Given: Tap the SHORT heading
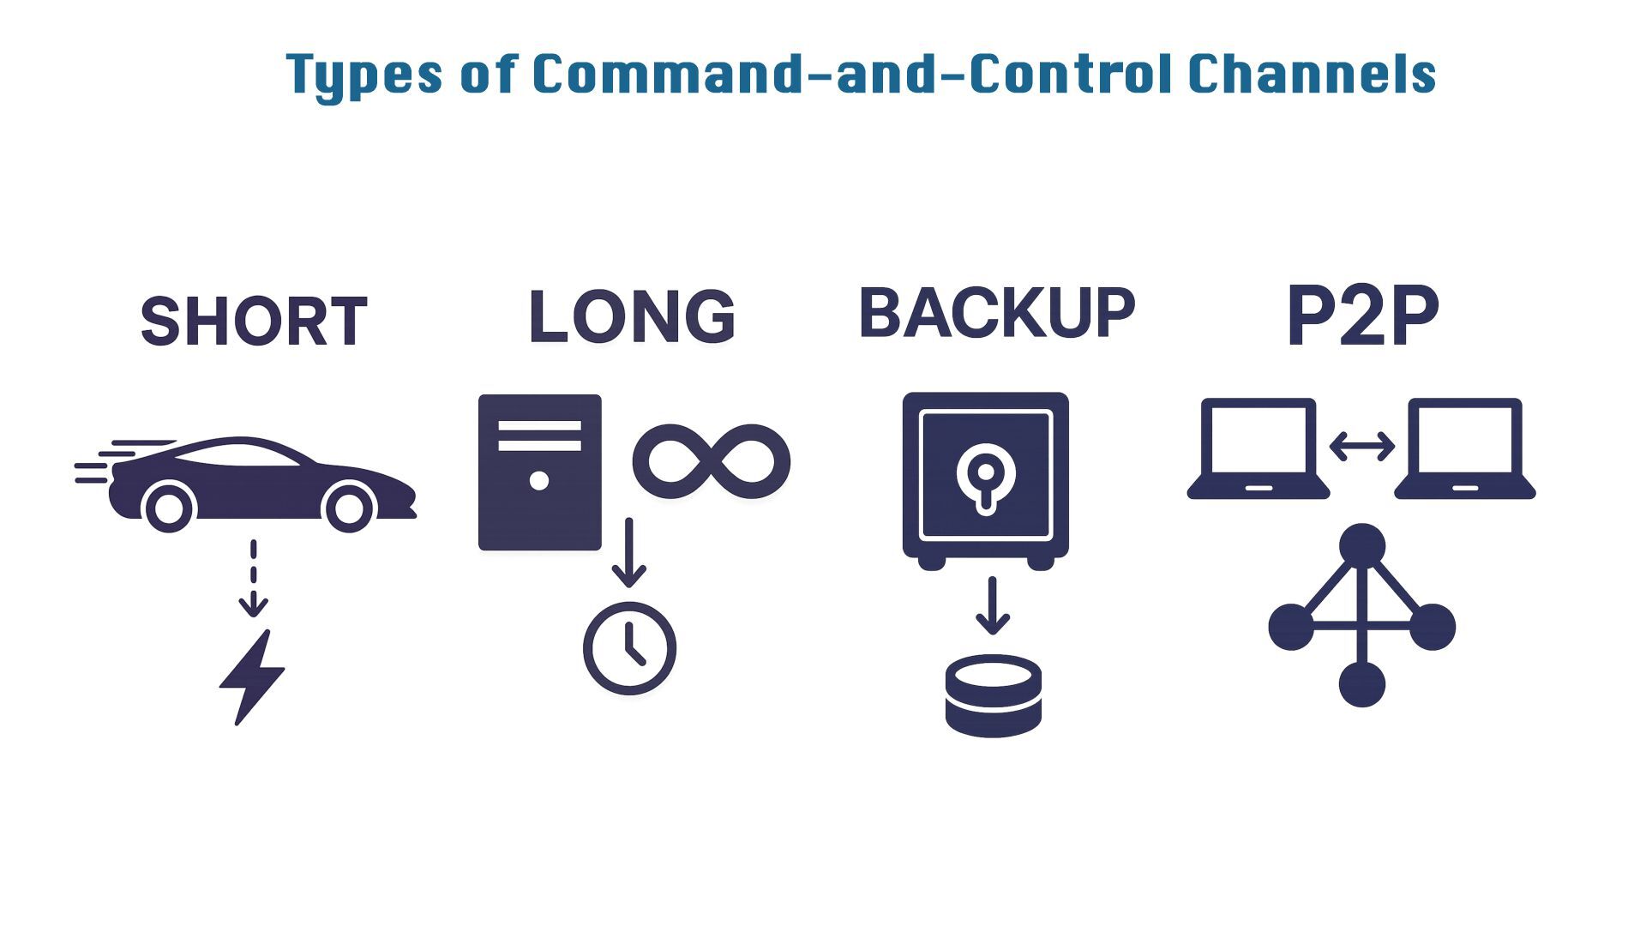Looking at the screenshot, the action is coord(254,322).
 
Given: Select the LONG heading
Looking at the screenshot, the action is coord(632,316).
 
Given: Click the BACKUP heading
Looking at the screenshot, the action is coord(997,313).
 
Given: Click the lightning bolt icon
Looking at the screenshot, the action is coord(251,677).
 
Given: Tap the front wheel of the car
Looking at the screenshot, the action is coord(349,508).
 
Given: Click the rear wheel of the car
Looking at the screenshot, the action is coord(169,508).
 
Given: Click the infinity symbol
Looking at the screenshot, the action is coord(711,461).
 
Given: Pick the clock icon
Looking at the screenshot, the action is coord(630,648).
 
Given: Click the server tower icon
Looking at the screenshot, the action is coord(539,472).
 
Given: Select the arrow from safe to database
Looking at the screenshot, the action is coord(992,605).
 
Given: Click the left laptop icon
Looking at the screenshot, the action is coord(1259,448).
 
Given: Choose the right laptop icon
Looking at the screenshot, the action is coord(1465,448).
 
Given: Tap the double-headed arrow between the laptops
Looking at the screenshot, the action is coord(1361,446).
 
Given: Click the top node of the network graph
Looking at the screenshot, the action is coord(1361,544).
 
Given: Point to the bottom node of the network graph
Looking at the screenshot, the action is coord(1361,683).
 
